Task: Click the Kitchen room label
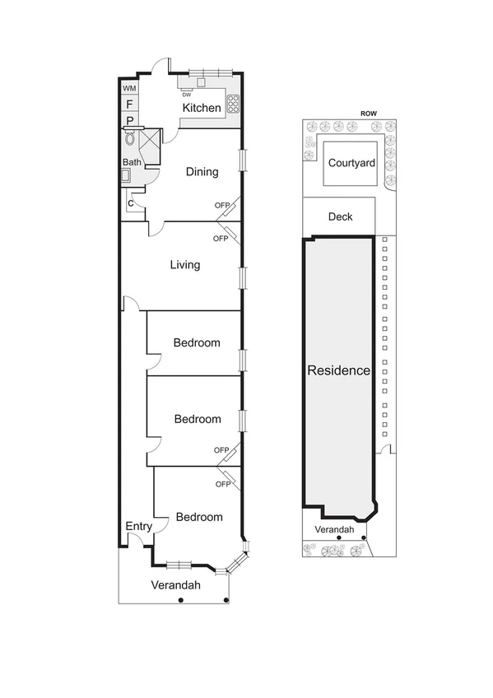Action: tap(202, 108)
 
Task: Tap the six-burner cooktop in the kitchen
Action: tap(233, 104)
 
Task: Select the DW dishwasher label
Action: tap(187, 94)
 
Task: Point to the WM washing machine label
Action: tap(129, 88)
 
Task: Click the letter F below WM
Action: tap(129, 104)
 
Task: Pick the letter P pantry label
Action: tap(129, 120)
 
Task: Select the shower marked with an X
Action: tap(151, 142)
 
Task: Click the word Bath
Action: tap(132, 162)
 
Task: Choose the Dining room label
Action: tap(202, 172)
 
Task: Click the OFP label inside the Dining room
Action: tap(221, 205)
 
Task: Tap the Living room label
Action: tap(185, 265)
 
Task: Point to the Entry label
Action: tap(137, 526)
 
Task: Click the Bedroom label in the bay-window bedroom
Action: tap(199, 517)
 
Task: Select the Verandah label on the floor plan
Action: tap(175, 585)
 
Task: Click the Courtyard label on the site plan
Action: tap(351, 163)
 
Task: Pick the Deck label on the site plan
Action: tap(340, 216)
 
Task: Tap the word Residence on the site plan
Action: tap(338, 370)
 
